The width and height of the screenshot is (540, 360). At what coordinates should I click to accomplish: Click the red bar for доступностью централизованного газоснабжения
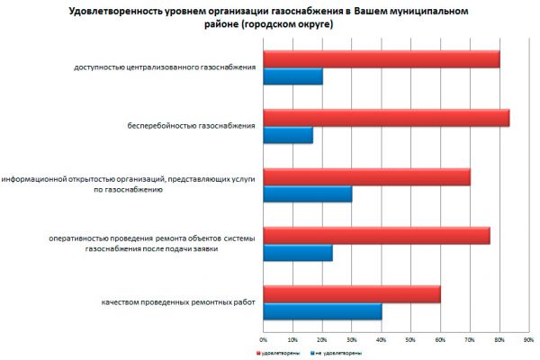[x=381, y=59]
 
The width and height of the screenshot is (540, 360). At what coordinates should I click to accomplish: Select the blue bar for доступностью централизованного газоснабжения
[x=292, y=76]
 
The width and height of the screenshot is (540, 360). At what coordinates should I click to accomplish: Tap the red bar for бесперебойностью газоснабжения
[x=386, y=118]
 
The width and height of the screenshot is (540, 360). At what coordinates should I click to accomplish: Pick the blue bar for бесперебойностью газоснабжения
[x=288, y=135]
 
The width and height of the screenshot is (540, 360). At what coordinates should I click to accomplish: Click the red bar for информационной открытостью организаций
[x=366, y=176]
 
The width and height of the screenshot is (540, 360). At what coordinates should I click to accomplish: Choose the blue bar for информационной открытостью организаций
[x=307, y=193]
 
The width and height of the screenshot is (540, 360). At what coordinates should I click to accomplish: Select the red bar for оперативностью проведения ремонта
[x=376, y=236]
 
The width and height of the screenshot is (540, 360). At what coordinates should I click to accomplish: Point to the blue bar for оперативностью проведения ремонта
[x=298, y=253]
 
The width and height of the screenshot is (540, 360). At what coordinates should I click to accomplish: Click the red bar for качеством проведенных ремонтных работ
[x=352, y=294]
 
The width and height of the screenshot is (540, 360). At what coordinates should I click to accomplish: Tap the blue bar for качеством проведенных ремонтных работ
[x=322, y=311]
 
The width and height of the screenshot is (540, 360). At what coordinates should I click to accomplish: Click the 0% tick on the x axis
[x=264, y=340]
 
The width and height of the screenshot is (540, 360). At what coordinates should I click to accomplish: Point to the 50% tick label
[x=410, y=340]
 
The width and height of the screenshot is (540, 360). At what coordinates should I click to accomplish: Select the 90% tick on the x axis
[x=528, y=340]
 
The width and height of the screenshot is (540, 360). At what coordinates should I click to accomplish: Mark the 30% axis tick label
[x=352, y=340]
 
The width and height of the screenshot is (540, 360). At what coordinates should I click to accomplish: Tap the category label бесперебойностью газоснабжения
[x=191, y=126]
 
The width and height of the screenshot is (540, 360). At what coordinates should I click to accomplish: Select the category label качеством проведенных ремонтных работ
[x=178, y=302]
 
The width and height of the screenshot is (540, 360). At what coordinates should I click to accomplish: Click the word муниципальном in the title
[x=430, y=10]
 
